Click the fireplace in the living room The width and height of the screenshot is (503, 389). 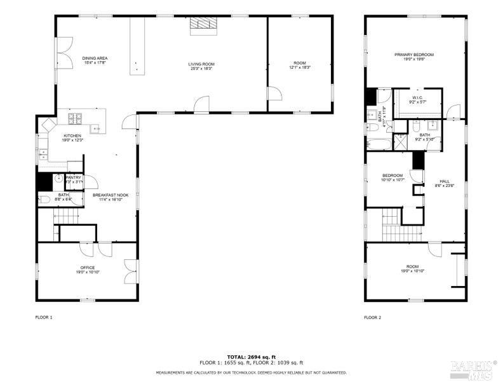click(203, 24)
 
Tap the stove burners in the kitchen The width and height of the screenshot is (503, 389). click(75, 118)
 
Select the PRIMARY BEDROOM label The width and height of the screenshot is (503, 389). click(413, 55)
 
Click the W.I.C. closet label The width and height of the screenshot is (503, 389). click(418, 97)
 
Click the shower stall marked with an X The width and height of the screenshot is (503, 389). click(400, 142)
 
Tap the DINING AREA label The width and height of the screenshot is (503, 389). click(95, 58)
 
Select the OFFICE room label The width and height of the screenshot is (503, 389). click(87, 268)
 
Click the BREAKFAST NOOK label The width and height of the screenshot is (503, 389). click(111, 195)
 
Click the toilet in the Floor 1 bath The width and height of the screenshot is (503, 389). click(46, 200)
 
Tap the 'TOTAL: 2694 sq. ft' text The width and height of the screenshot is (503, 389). click(251, 357)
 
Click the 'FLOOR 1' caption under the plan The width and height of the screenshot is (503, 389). click(43, 317)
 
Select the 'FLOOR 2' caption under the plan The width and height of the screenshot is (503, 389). click(372, 317)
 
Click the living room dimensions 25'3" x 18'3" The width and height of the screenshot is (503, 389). click(201, 69)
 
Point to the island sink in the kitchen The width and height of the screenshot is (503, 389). click(97, 129)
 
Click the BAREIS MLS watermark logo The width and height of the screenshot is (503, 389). click(473, 369)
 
